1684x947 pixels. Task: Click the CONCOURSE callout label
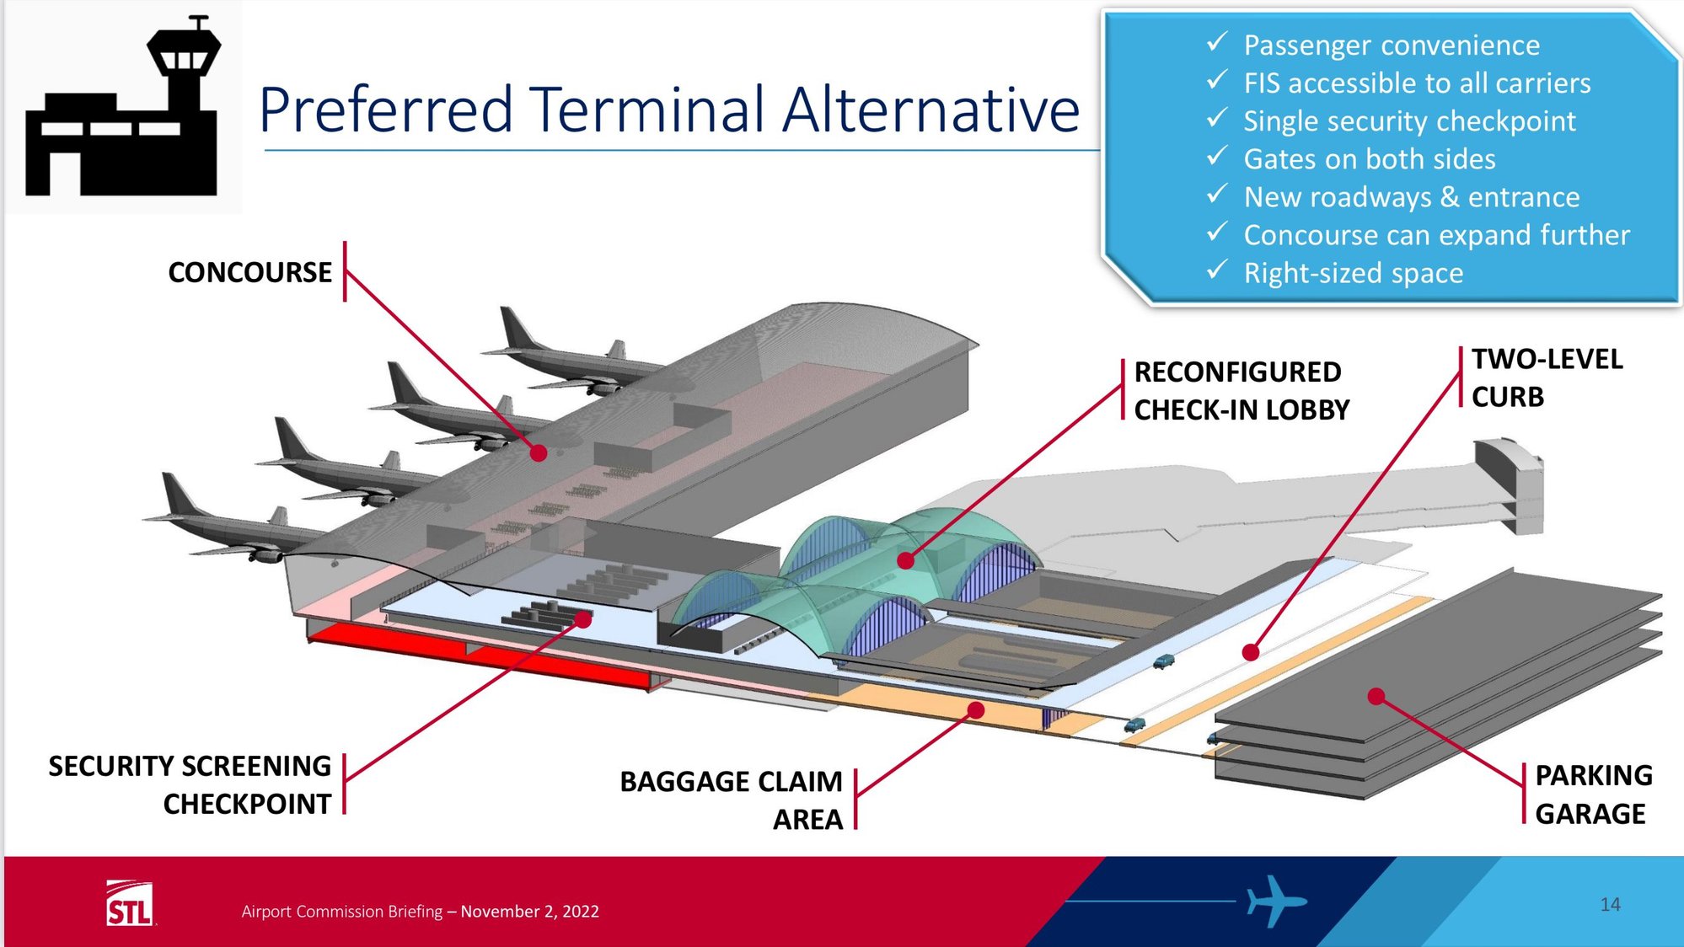coord(249,272)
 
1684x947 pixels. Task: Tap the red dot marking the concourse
coord(539,453)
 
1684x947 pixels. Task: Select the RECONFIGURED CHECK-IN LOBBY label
coord(1241,390)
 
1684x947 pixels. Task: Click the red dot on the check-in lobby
coord(906,560)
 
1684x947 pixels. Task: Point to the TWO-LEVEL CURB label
coord(1546,377)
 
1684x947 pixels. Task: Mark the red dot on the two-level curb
coord(1251,652)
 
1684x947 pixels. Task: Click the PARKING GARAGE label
coord(1592,794)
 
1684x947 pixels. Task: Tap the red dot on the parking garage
coord(1376,696)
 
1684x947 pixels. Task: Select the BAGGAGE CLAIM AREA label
coord(732,800)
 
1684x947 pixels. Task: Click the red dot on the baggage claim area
coord(976,710)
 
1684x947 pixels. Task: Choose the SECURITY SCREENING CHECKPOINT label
coord(190,784)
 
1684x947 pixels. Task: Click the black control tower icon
coord(124,110)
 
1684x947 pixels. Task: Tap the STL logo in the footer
coord(129,904)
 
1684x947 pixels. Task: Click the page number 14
coord(1610,904)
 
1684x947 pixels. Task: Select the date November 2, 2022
coord(529,912)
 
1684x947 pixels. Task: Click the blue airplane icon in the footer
coord(1274,901)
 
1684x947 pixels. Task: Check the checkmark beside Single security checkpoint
coord(1216,120)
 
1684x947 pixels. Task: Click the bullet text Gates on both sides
coord(1369,159)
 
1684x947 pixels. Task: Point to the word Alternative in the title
coord(930,110)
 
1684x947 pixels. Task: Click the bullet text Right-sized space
coord(1353,273)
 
